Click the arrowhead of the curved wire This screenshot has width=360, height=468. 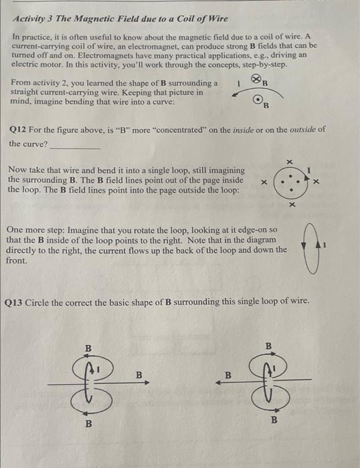click(235, 96)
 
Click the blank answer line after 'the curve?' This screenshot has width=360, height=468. click(75, 145)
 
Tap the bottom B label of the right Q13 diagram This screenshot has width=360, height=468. click(272, 421)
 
